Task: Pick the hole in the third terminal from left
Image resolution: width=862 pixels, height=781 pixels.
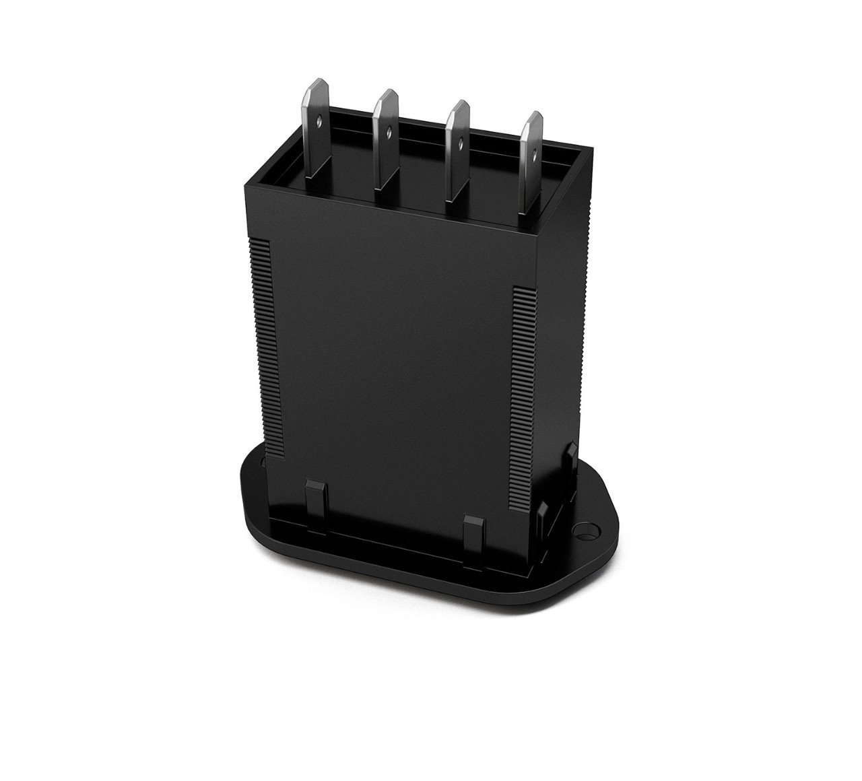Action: (460, 143)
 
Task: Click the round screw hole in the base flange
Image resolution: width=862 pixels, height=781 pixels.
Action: (591, 531)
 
